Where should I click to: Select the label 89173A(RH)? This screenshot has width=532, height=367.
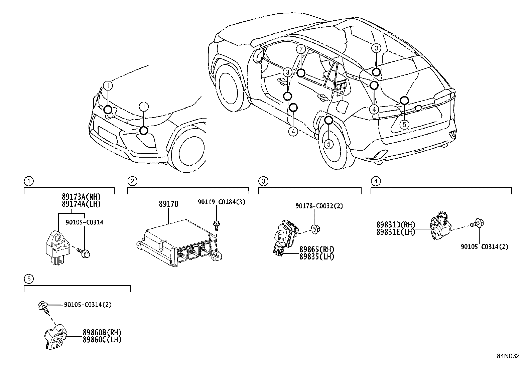[x=81, y=197]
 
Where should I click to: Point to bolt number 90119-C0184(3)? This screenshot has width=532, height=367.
[x=221, y=202]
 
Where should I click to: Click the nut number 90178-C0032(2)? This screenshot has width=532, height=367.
[x=319, y=206]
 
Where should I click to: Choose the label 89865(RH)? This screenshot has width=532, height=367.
[x=316, y=249]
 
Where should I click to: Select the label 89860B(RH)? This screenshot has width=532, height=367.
[x=102, y=332]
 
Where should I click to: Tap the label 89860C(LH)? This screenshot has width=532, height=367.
[x=102, y=339]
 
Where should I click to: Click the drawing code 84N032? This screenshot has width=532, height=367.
[x=508, y=356]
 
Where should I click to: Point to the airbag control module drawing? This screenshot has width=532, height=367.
[x=177, y=242]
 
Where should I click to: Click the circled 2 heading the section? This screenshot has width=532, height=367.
[x=132, y=181]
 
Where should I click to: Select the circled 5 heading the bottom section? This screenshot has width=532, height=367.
[x=29, y=278]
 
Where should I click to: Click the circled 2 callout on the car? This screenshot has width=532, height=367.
[x=301, y=49]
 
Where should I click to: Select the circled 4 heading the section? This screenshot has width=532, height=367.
[x=376, y=181]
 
